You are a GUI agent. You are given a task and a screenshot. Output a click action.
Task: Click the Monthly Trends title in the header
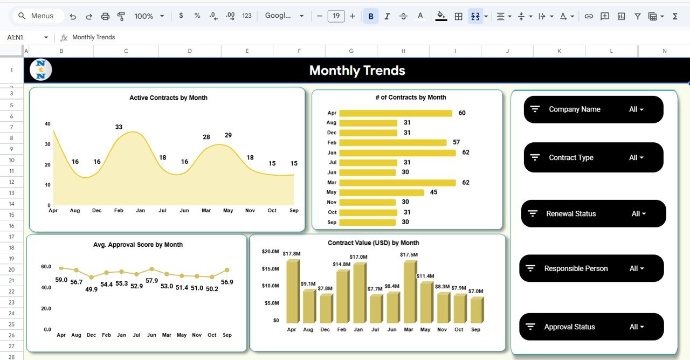[x=357, y=71]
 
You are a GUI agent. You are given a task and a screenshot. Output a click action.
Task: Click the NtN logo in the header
[x=41, y=70]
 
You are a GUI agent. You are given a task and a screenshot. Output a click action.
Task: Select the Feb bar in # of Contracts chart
[x=393, y=143]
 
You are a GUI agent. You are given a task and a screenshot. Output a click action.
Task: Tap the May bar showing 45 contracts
[x=381, y=192]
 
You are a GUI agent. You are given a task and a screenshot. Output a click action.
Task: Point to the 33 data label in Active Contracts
[x=119, y=127]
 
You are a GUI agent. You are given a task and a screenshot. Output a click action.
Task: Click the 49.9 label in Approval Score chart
[x=92, y=289]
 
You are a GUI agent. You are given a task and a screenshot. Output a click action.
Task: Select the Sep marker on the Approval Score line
[x=227, y=270]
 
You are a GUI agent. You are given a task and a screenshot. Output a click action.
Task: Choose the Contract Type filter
[x=594, y=158]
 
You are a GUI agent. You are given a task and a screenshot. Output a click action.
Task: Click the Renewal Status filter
[x=594, y=214]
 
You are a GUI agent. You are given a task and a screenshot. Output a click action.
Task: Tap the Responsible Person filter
[x=591, y=268]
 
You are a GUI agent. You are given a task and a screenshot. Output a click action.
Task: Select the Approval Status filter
[x=591, y=327]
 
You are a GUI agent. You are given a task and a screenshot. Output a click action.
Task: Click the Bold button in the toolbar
[x=371, y=16]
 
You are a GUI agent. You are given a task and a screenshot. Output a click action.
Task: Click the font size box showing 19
[x=336, y=16]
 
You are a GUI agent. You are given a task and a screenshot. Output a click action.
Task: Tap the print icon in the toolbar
[x=105, y=16]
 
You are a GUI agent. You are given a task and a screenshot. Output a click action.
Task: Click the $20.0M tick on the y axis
[x=270, y=252]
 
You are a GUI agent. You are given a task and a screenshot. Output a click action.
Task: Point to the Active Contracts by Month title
[x=168, y=98]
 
